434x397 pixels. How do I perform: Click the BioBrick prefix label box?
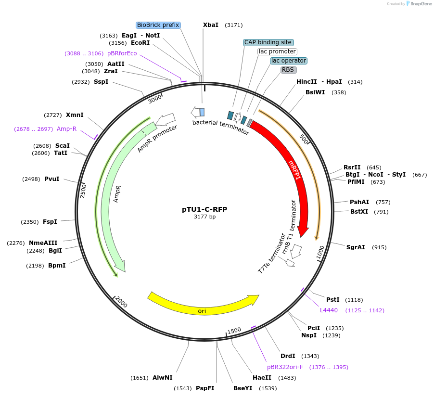[x=158, y=25]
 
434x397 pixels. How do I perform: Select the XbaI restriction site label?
[x=211, y=25]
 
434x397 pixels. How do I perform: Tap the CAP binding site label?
[x=268, y=42]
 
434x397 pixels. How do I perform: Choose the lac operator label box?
[x=288, y=61]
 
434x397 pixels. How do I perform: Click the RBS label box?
[x=288, y=70]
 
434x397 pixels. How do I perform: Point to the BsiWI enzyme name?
[x=315, y=92]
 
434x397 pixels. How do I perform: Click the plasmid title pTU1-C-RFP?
[x=204, y=209]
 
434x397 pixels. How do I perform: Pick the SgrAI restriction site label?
[x=356, y=247]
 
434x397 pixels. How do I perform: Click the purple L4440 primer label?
[x=329, y=310]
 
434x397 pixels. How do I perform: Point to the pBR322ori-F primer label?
[x=285, y=367]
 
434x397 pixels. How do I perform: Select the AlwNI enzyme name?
[x=162, y=378]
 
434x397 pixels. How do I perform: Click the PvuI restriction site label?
[x=52, y=179]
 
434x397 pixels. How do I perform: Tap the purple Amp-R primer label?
[x=66, y=129]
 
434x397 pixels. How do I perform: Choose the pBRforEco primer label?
[x=122, y=53]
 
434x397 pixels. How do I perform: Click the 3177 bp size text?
[x=204, y=217]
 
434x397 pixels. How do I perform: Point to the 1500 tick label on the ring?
[x=234, y=331]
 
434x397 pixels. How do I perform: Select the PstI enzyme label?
[x=333, y=299]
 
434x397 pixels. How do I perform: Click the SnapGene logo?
[x=419, y=4]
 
